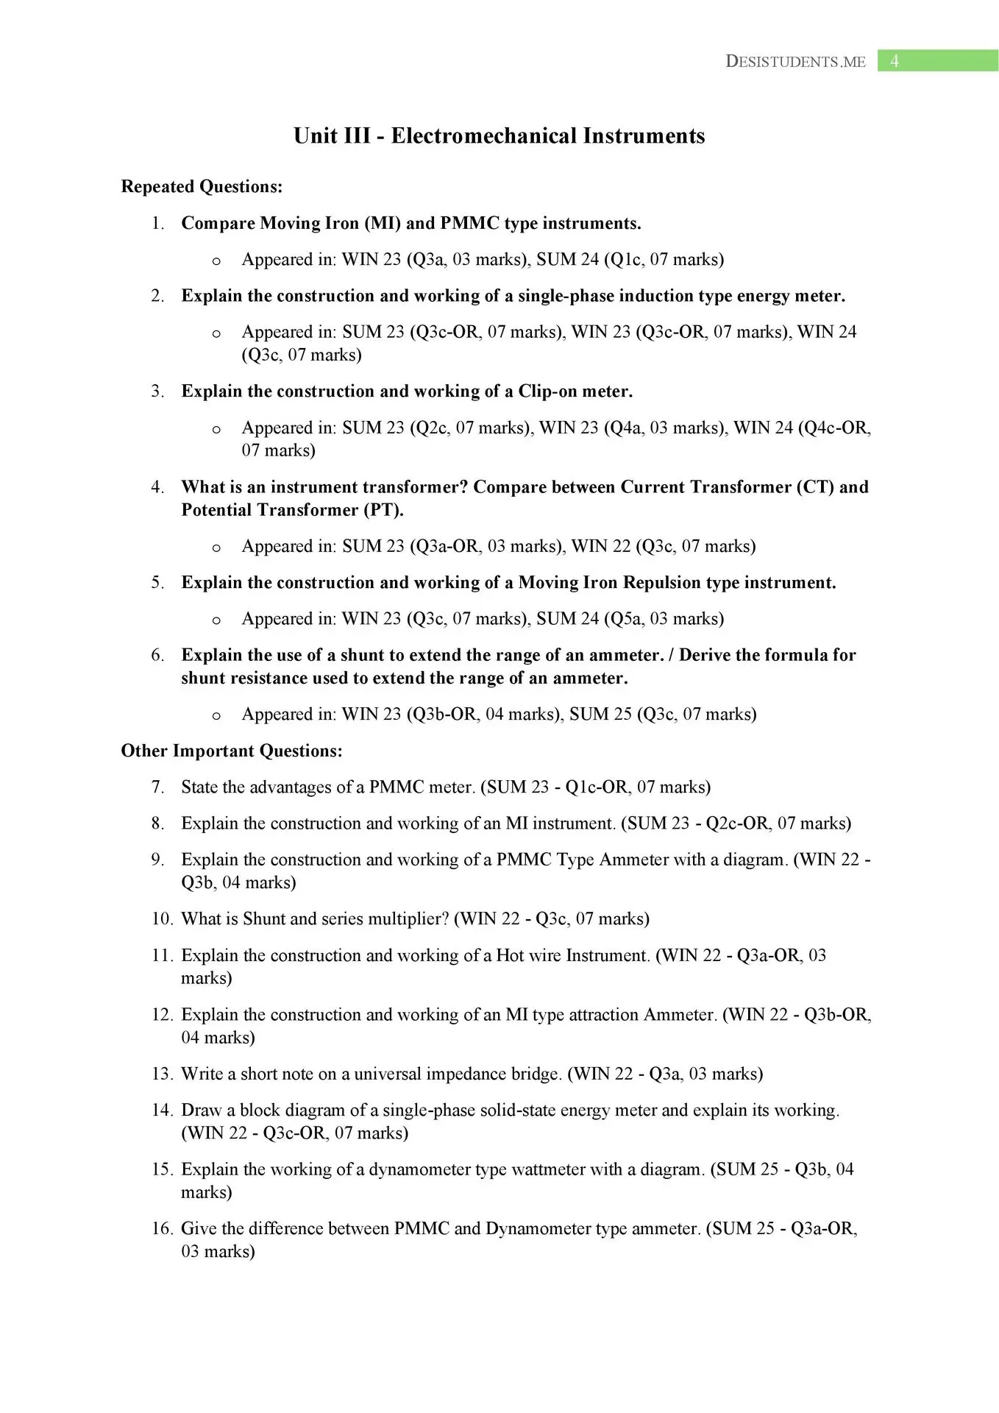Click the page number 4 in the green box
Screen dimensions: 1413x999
pos(895,61)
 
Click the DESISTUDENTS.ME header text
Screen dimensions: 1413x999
pos(795,62)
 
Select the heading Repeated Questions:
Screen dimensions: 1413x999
pos(202,187)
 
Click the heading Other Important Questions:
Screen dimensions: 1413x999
pos(232,751)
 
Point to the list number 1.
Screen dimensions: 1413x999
pos(157,223)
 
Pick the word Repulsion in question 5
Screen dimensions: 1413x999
pos(661,583)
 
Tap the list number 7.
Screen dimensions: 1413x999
pos(157,787)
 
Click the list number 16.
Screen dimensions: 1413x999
pos(161,1229)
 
